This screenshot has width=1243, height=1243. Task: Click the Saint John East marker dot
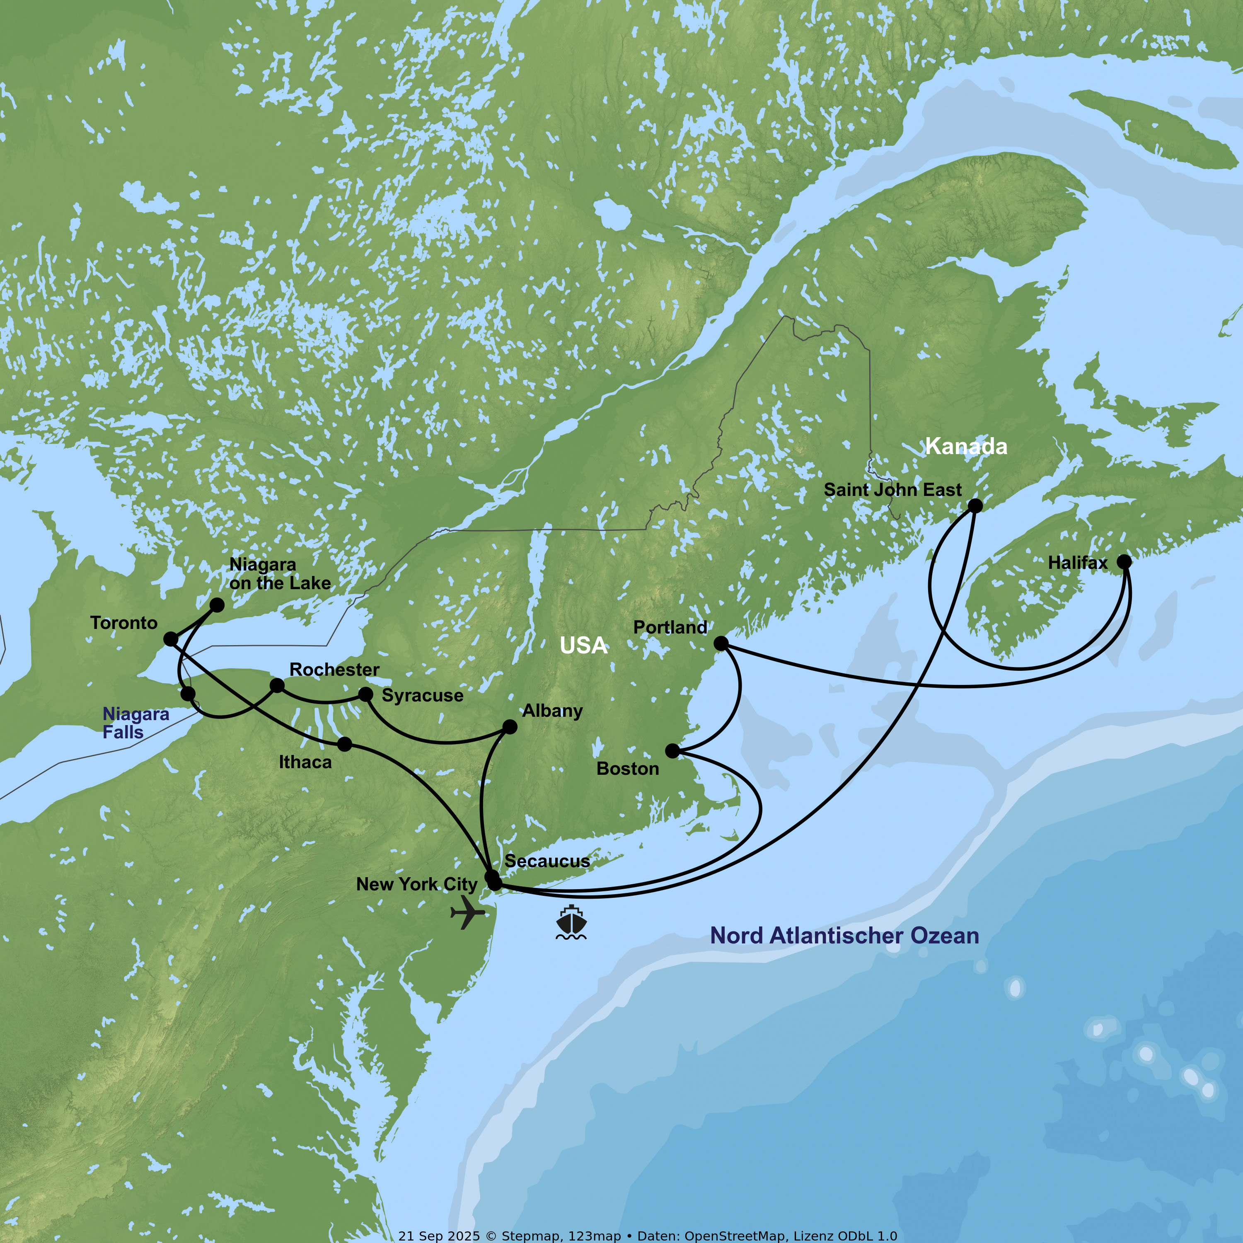pos(975,505)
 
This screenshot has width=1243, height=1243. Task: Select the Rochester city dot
pos(277,686)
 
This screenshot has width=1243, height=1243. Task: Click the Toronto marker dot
pos(170,639)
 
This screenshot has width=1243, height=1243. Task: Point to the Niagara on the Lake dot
pos(218,605)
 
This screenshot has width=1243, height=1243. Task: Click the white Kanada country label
pos(966,447)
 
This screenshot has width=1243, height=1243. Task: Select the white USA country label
pos(583,645)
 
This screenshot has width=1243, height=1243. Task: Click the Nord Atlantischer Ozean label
pos(844,936)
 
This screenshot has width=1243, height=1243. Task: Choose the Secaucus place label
pos(547,861)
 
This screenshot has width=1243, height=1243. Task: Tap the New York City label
pos(416,885)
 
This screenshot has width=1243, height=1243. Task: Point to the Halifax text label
pos(1078,563)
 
